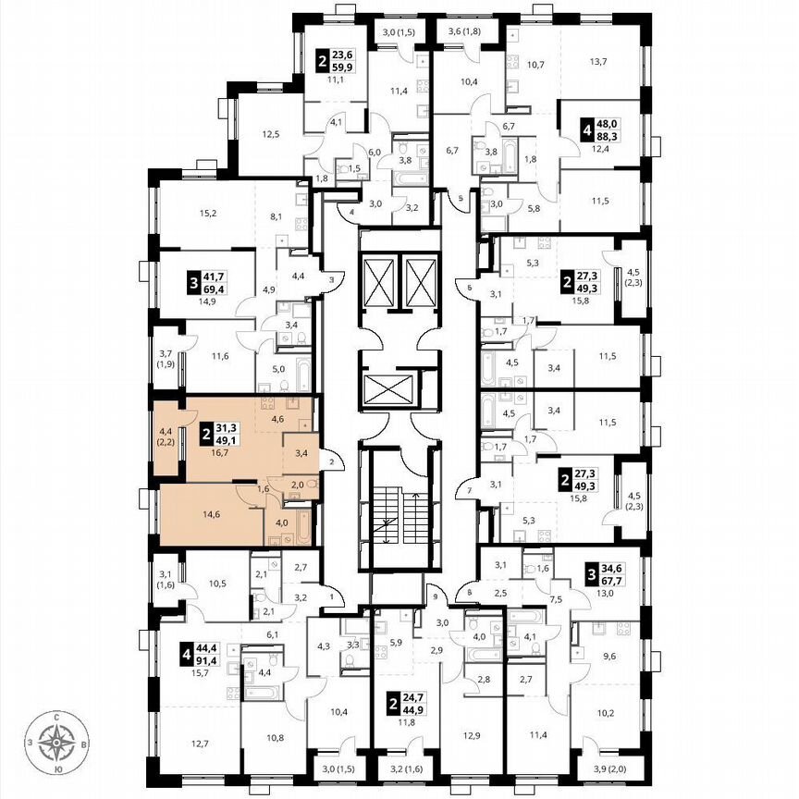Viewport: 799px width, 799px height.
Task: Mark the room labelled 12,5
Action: pos(271,135)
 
